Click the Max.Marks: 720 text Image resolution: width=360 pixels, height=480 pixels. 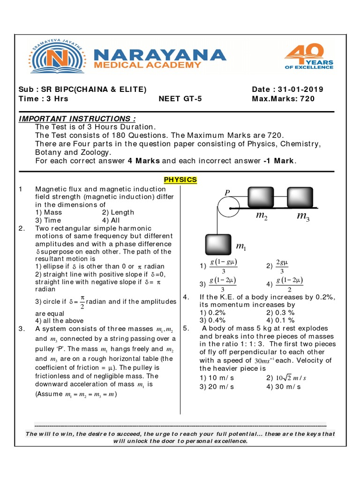283,98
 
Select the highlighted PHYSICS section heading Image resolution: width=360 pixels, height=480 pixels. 180,180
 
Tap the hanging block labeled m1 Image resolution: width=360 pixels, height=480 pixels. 218,245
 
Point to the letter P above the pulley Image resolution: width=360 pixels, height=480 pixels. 227,192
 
